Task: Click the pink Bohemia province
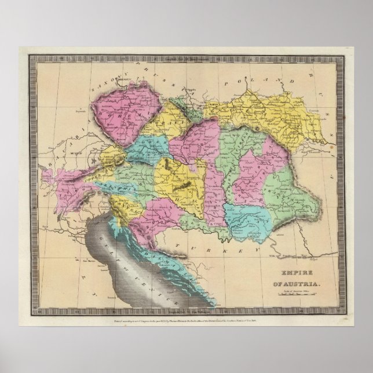[125, 113]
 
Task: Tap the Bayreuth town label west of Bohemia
[81, 108]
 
